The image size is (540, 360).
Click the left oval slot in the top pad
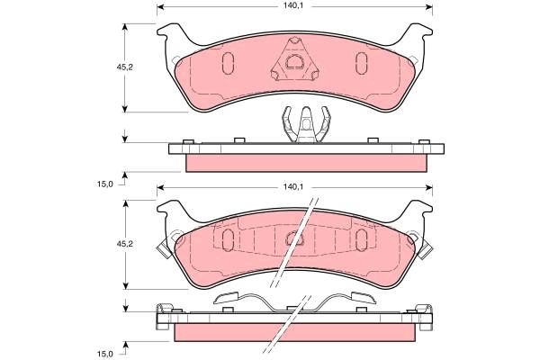227,62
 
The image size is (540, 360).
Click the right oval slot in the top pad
361,62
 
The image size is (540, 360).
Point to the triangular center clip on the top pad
293,60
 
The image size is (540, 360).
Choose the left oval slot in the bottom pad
227,238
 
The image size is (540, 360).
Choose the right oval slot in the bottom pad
361,238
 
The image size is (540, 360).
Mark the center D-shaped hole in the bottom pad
293,239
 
